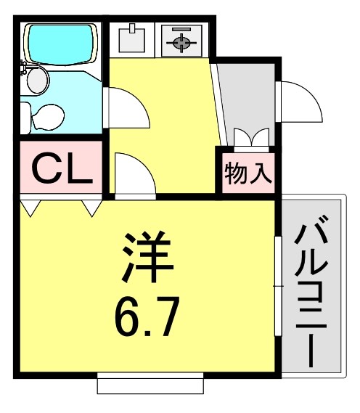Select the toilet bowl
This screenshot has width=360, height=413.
tap(49, 116)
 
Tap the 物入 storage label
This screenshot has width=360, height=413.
tap(248, 175)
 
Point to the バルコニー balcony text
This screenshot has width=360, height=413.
tap(311, 290)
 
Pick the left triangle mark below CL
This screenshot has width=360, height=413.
tap(30, 208)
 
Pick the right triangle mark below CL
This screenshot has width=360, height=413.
tap(92, 208)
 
